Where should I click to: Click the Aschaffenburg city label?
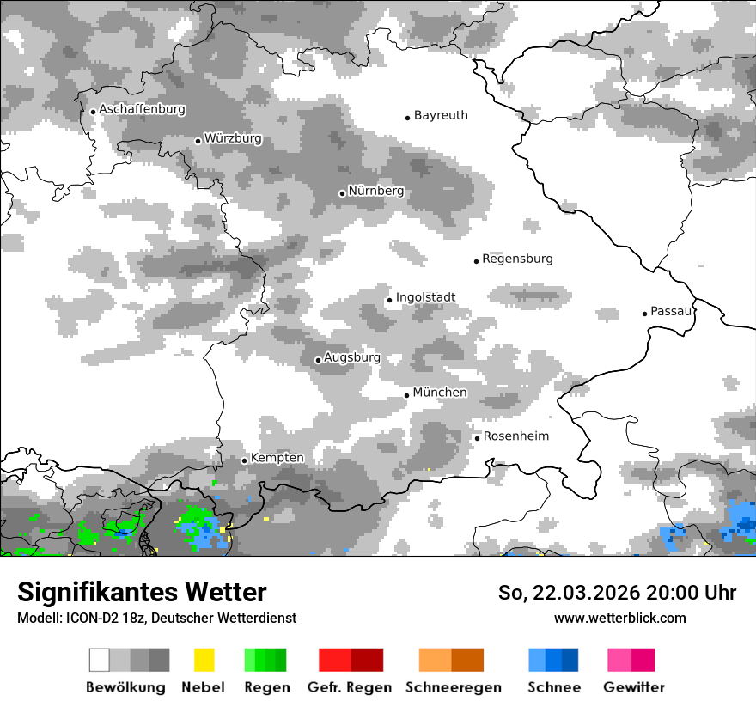click(143, 110)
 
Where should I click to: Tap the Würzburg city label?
click(233, 139)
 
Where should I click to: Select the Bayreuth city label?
click(441, 115)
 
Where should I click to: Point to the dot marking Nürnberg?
click(342, 193)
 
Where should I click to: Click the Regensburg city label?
click(517, 259)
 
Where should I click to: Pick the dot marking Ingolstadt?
click(389, 300)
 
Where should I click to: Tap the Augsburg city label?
click(352, 357)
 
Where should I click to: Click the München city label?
click(440, 393)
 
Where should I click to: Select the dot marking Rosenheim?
click(477, 438)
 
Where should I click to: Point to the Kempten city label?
click(277, 458)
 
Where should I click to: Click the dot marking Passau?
click(644, 314)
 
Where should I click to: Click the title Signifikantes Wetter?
click(142, 592)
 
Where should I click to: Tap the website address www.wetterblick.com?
click(619, 618)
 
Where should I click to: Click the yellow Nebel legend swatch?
click(204, 660)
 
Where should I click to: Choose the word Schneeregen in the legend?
click(453, 687)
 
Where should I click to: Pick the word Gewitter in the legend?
click(633, 687)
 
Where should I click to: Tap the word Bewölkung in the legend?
click(125, 687)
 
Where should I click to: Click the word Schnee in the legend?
click(553, 687)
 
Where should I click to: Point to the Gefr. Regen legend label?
click(349, 687)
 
